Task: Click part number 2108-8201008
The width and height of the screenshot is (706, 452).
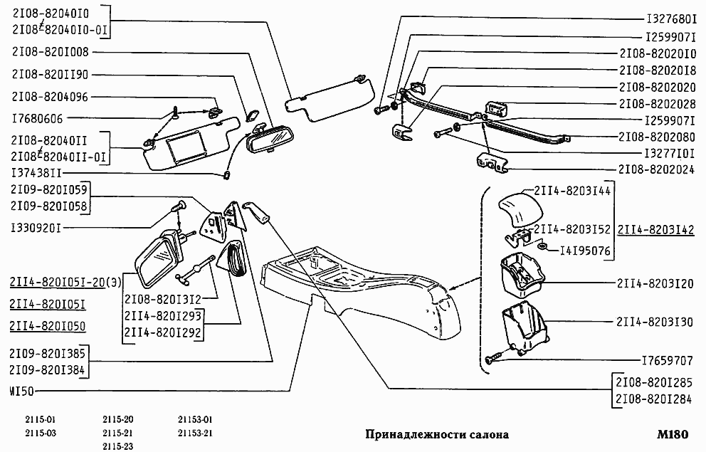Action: (50, 51)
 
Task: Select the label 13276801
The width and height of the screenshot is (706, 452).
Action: (670, 19)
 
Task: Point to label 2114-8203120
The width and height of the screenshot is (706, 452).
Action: (654, 283)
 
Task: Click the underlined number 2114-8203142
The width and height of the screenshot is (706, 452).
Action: (655, 229)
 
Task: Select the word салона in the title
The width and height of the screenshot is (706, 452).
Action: (485, 434)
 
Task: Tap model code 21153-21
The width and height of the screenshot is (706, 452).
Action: (196, 433)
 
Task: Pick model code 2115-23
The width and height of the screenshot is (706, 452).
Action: (117, 446)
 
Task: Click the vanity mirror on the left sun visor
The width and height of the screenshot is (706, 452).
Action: (186, 148)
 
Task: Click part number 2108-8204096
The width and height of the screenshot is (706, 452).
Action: (50, 96)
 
